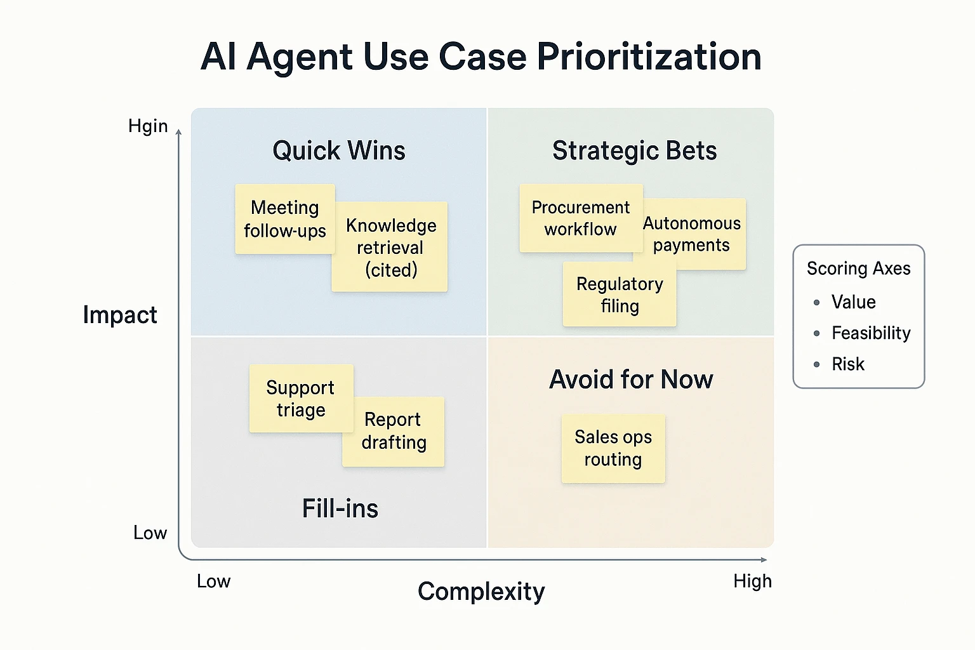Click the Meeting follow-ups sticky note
[x=284, y=219]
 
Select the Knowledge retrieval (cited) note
[x=390, y=248]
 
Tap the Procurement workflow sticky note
[x=580, y=218]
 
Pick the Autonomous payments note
[x=692, y=234]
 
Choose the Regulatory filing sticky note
[x=620, y=295]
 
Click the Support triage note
[x=300, y=398]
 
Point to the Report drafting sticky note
[x=394, y=431]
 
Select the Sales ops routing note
[x=613, y=448]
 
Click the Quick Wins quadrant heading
[x=339, y=151]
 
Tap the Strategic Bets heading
[x=634, y=151]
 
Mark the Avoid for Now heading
[x=631, y=380]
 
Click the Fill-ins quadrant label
[x=340, y=508]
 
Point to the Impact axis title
[x=120, y=315]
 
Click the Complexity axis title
[x=481, y=592]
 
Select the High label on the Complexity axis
[x=752, y=581]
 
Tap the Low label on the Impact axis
[x=150, y=533]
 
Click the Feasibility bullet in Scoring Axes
[x=871, y=333]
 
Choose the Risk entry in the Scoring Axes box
[x=848, y=364]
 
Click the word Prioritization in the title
[x=649, y=56]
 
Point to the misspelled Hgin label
[x=148, y=126]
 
